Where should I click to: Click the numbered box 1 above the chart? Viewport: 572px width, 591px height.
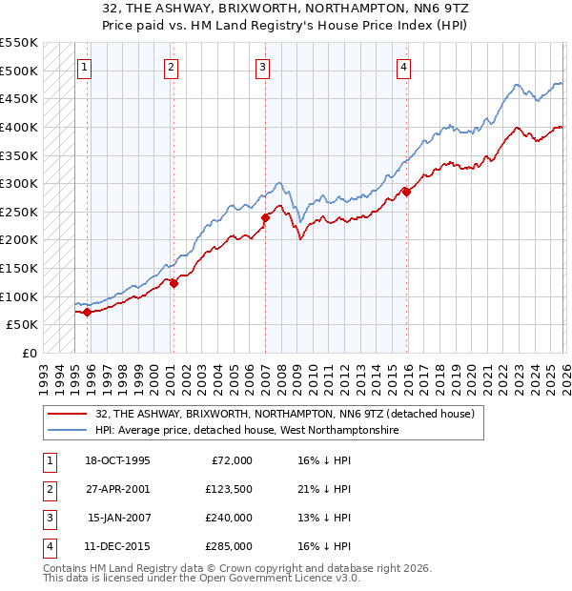click(86, 67)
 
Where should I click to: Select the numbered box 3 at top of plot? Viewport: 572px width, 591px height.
click(262, 67)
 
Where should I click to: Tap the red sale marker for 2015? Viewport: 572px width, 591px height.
click(406, 192)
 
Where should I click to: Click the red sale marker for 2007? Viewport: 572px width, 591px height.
click(265, 217)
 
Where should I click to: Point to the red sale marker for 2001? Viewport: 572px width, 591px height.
click(174, 282)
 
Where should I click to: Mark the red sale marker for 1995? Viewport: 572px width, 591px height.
click(87, 312)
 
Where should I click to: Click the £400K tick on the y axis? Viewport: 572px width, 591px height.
click(19, 127)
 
